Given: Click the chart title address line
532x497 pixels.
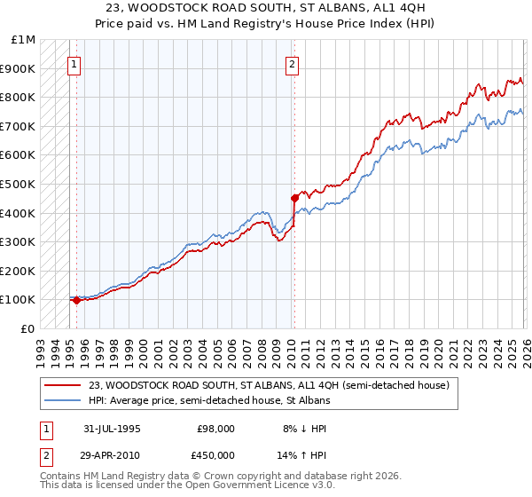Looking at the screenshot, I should [266, 8].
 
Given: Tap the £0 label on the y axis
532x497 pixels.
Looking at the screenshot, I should [28, 328].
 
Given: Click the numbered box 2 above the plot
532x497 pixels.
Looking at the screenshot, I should [292, 64].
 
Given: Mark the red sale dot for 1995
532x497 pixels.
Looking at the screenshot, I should [76, 300].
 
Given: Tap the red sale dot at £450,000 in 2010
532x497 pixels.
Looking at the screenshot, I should [294, 198].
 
